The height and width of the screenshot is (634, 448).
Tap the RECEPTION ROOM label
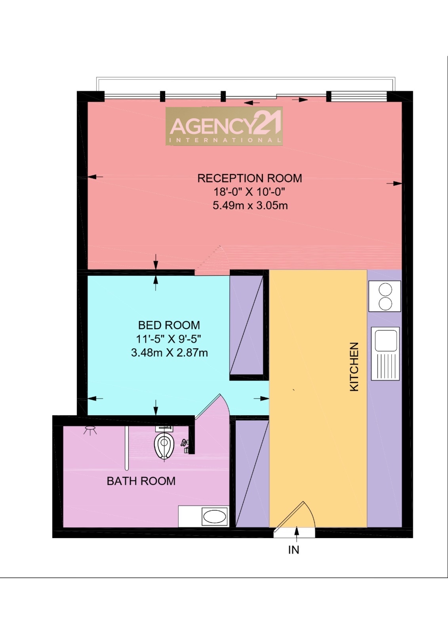click(250, 178)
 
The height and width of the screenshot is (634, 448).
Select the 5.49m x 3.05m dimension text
click(250, 206)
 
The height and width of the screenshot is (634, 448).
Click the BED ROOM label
click(169, 325)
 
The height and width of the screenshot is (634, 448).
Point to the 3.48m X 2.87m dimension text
click(169, 352)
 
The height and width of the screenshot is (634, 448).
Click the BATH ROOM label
click(141, 481)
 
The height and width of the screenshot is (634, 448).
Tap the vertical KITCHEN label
click(354, 367)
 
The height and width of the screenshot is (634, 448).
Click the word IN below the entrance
click(294, 550)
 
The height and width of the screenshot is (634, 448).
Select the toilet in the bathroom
click(164, 445)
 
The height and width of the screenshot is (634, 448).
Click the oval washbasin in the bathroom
click(214, 516)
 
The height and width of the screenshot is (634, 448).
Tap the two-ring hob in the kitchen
click(385, 296)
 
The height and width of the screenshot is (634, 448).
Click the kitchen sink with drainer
click(385, 353)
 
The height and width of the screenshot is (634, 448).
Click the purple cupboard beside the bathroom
click(252, 474)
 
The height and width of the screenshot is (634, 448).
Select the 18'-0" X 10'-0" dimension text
click(250, 192)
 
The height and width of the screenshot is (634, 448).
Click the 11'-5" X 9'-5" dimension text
click(169, 339)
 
